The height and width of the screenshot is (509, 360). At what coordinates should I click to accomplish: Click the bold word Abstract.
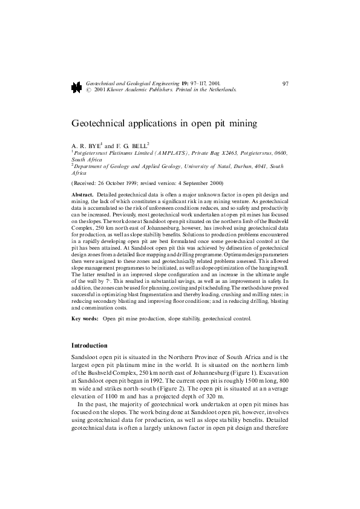[82, 195]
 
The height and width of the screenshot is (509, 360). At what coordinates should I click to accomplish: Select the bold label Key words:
[85, 318]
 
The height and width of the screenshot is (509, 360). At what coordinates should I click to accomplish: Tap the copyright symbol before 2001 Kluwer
[90, 89]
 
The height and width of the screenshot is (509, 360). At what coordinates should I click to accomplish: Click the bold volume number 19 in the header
[184, 82]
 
